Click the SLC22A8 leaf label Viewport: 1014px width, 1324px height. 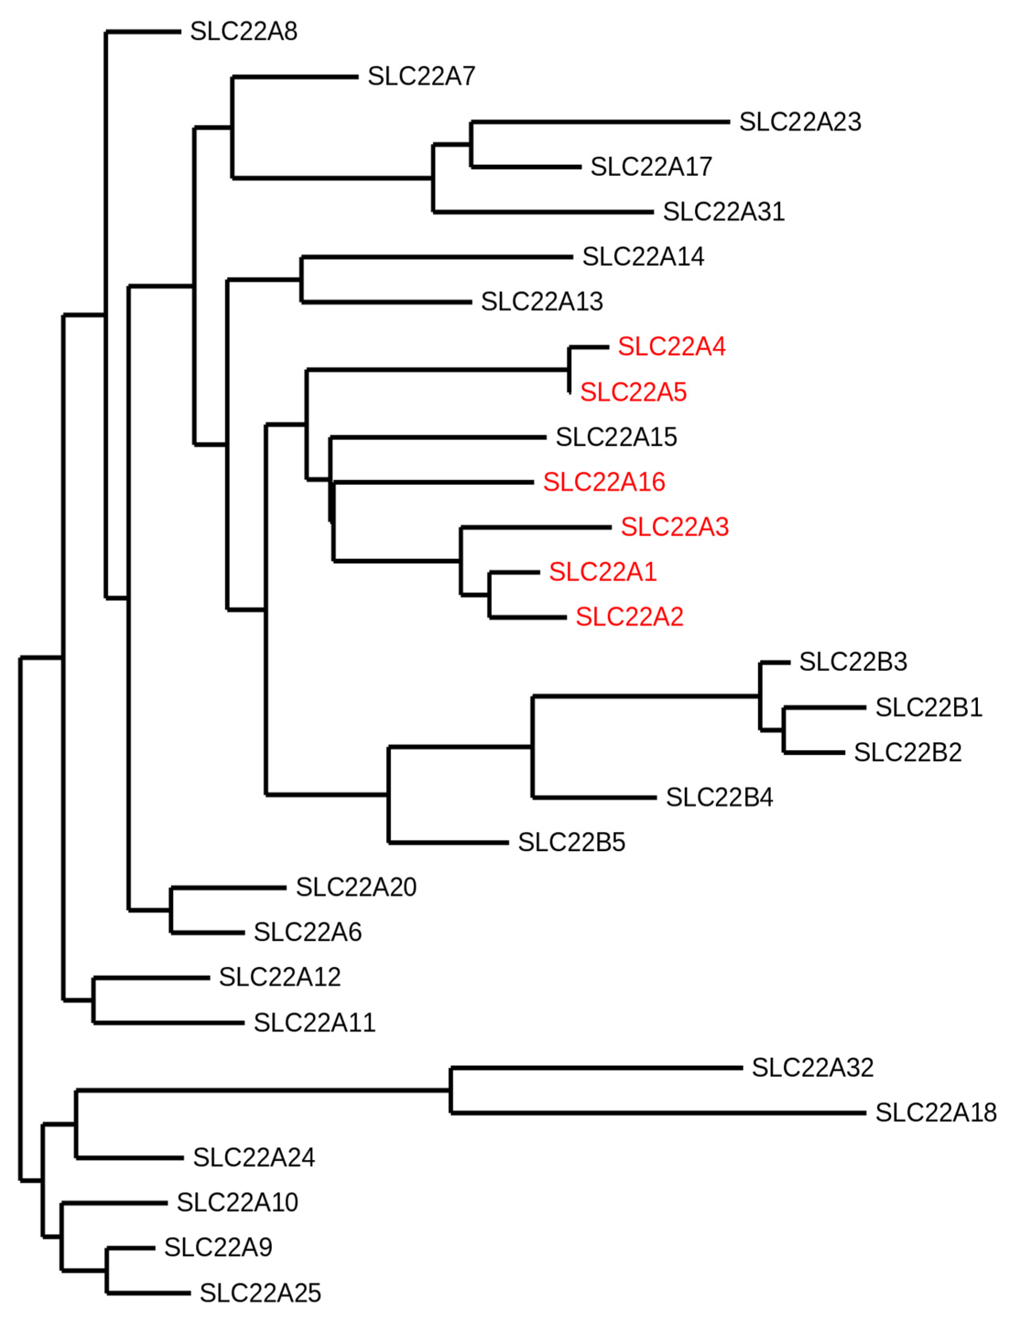pyautogui.click(x=244, y=31)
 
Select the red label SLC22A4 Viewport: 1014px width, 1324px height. pyautogui.click(x=672, y=346)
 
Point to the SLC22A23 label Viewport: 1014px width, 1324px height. pyautogui.click(x=800, y=122)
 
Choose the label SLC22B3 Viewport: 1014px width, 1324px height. pyautogui.click(x=853, y=662)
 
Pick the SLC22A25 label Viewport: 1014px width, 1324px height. pyautogui.click(x=260, y=1293)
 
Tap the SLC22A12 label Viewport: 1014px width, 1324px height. pyautogui.click(x=280, y=977)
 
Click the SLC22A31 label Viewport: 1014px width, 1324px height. pyautogui.click(x=724, y=212)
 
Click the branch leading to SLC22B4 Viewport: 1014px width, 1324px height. pyautogui.click(x=594, y=798)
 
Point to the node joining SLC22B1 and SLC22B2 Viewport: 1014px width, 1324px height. pyautogui.click(x=783, y=731)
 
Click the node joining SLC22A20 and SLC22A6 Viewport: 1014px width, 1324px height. pyautogui.click(x=172, y=910)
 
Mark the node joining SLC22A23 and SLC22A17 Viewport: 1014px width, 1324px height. pyautogui.click(x=471, y=144)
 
